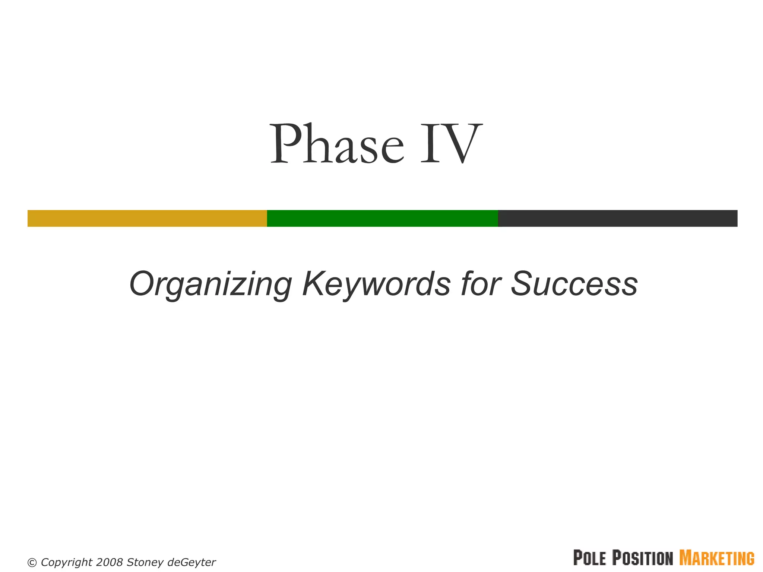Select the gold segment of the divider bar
pyautogui.click(x=147, y=218)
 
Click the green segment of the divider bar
pyautogui.click(x=382, y=218)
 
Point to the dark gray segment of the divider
pyautogui.click(x=618, y=218)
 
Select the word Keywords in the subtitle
pyautogui.click(x=376, y=284)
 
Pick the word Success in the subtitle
pyautogui.click(x=574, y=284)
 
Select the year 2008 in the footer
pyautogui.click(x=109, y=562)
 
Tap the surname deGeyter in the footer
pyautogui.click(x=191, y=562)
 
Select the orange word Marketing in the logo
pyautogui.click(x=717, y=558)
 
